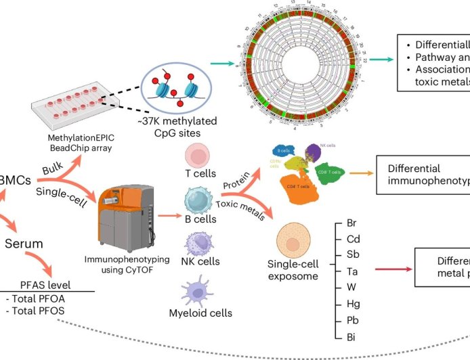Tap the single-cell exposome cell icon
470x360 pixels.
click(x=293, y=242)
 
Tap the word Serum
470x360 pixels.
click(x=24, y=244)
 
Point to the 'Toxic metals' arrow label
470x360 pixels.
click(x=241, y=203)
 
